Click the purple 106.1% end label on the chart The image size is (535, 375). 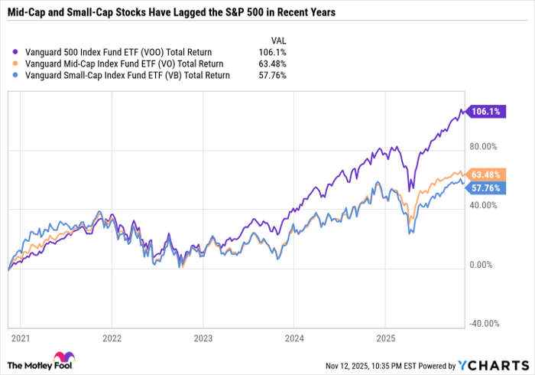point(486,111)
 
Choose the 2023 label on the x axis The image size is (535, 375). point(203,337)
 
